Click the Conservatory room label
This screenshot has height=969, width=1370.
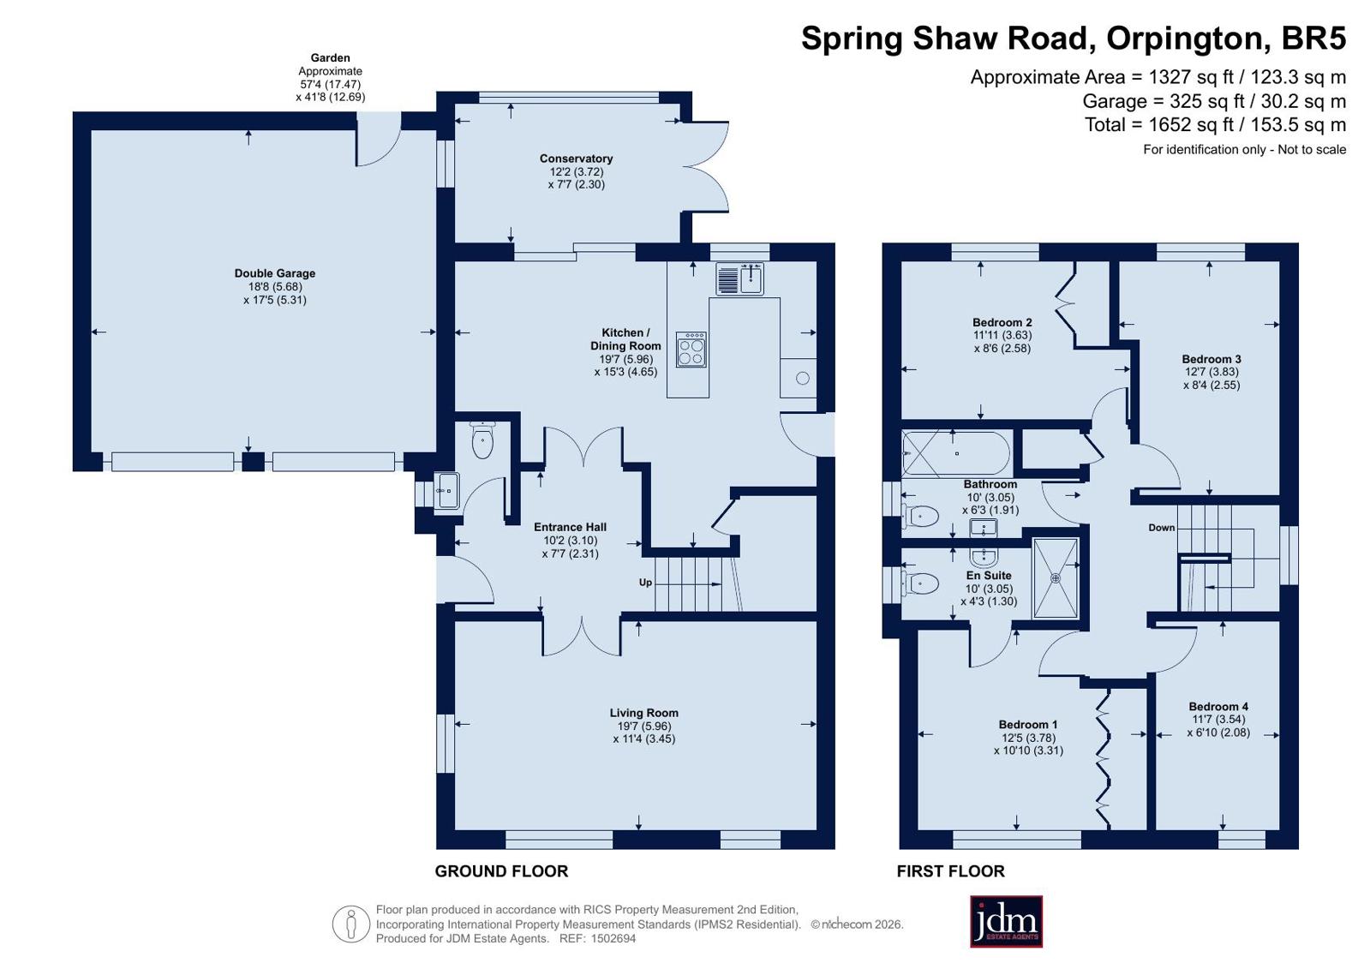tap(576, 159)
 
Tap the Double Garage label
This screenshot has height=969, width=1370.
tap(275, 273)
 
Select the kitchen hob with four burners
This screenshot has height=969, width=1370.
tap(691, 350)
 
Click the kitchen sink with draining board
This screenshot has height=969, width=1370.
tap(739, 279)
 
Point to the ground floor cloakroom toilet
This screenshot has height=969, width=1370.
tap(482, 440)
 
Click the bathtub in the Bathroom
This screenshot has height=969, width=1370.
tap(956, 454)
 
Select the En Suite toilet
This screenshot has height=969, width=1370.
tap(920, 583)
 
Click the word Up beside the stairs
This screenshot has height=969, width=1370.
tap(645, 583)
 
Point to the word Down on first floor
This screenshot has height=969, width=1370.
tap(1162, 528)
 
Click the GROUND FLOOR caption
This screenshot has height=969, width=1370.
tap(501, 871)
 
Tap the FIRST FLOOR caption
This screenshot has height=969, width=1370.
tap(950, 871)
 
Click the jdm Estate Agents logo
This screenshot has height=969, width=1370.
tap(1006, 921)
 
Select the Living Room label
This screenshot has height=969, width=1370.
tap(643, 713)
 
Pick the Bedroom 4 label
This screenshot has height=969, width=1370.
tap(1218, 707)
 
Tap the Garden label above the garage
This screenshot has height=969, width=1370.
tap(330, 58)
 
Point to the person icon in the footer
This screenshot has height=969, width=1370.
tap(351, 924)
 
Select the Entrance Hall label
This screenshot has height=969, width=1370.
tap(570, 527)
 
